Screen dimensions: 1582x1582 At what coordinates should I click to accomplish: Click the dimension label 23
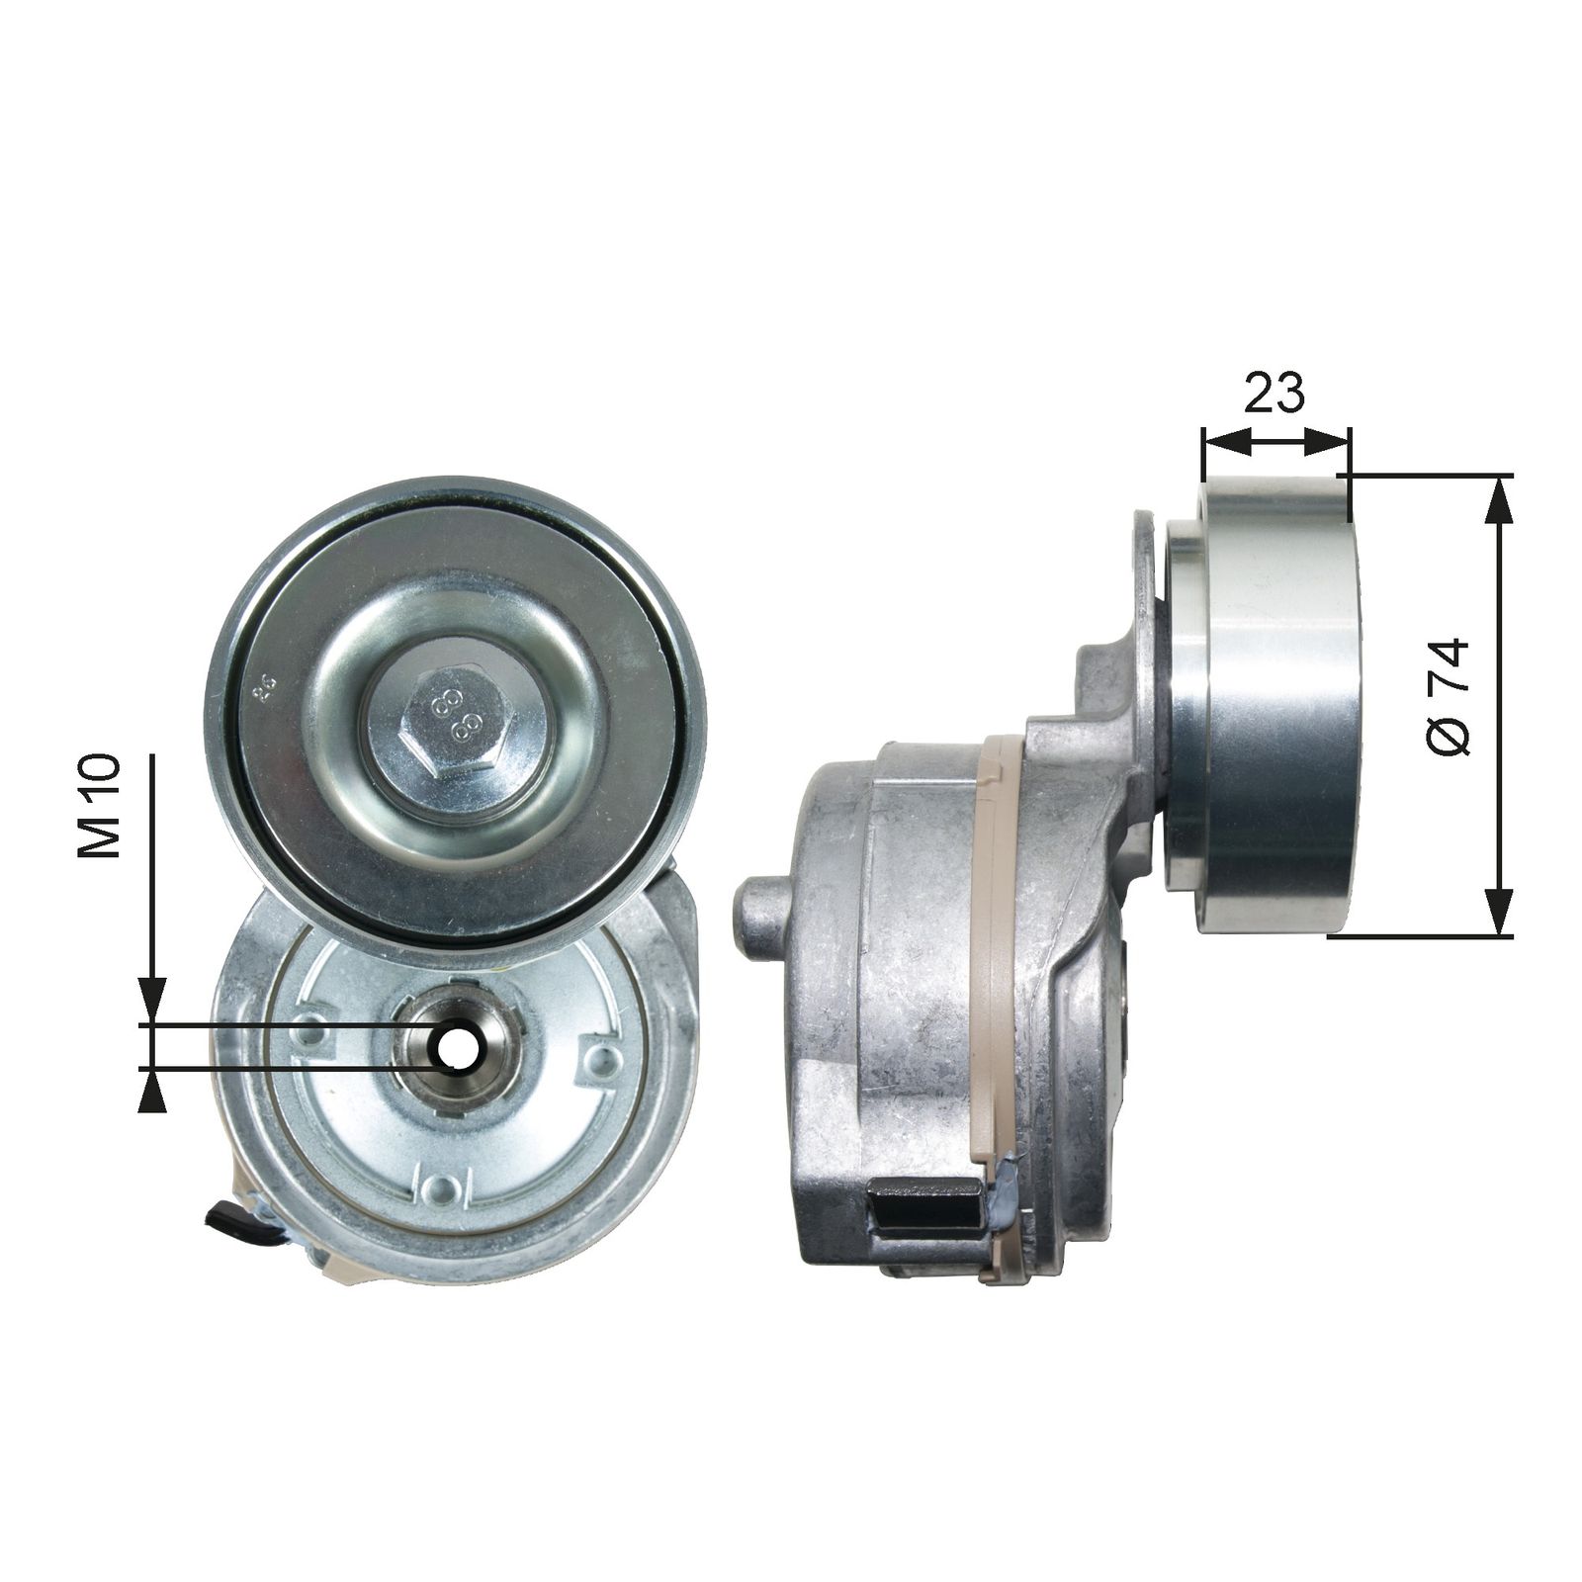point(1274,394)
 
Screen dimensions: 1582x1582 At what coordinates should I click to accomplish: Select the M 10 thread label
point(100,806)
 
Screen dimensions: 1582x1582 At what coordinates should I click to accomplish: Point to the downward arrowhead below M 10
point(151,1004)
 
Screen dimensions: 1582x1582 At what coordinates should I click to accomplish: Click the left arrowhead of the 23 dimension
point(1222,442)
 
